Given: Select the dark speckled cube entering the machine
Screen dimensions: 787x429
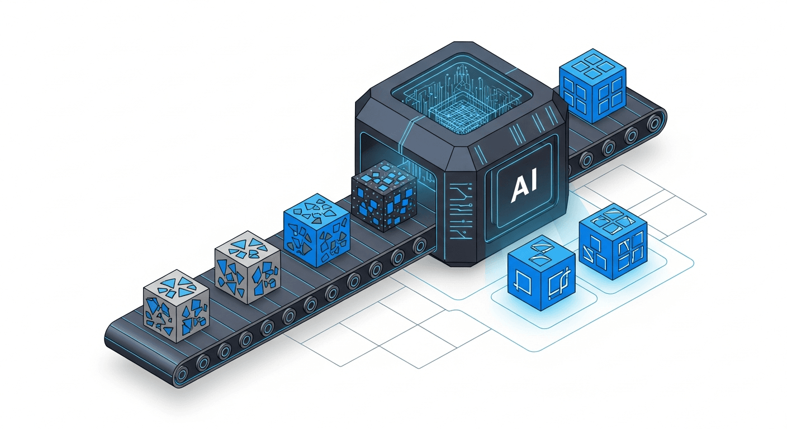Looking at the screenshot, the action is click(x=385, y=196).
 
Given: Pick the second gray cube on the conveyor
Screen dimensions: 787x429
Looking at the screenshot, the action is click(x=248, y=267).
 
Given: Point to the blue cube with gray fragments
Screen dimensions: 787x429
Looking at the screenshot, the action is click(x=317, y=230).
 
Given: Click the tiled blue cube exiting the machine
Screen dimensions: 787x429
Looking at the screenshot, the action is click(x=592, y=86).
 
